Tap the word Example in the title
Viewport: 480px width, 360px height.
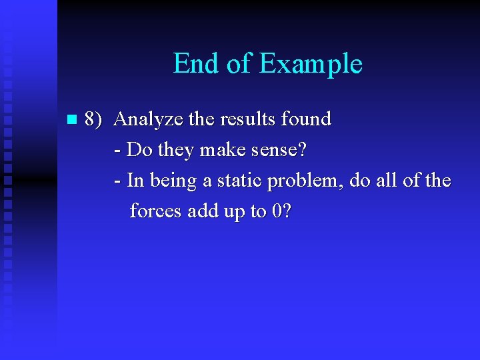(x=310, y=65)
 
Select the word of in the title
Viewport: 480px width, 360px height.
(x=239, y=64)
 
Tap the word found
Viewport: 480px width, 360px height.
(x=307, y=119)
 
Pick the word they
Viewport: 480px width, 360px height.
(x=177, y=151)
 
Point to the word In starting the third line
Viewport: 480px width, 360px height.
(x=135, y=181)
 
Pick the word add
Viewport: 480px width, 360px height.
(x=201, y=211)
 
